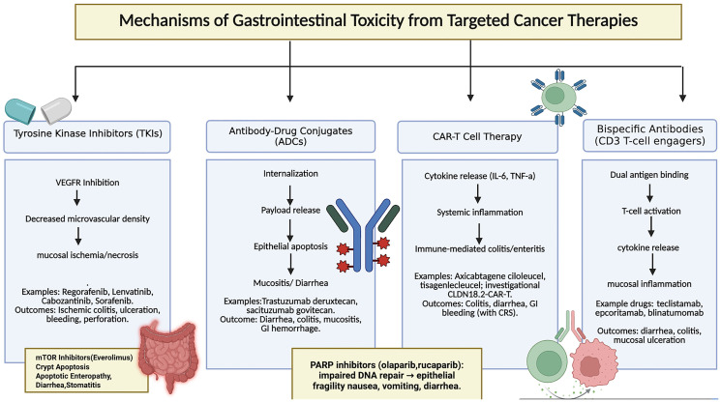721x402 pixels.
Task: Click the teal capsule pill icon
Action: pos(20,110)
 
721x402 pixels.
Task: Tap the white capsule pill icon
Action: pos(56,110)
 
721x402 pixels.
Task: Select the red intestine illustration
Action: pos(168,357)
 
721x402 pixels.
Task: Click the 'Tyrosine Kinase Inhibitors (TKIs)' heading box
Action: pos(87,136)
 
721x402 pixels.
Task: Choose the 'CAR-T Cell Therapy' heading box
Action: pos(477,137)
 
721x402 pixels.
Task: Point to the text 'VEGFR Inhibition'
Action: pos(87,183)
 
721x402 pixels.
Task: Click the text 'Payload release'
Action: pos(290,210)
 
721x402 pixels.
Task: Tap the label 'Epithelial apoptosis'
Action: pos(290,246)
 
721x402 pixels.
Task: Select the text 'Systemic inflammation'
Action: pos(480,212)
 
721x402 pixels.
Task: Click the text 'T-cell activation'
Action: pos(651,211)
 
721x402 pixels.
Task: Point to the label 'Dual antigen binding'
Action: pos(649,175)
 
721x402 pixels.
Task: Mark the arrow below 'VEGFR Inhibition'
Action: pos(77,198)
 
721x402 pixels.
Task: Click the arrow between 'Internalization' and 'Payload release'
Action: pos(290,195)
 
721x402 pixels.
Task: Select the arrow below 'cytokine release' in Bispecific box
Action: pos(652,265)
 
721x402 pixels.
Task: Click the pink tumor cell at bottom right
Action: pos(592,363)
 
